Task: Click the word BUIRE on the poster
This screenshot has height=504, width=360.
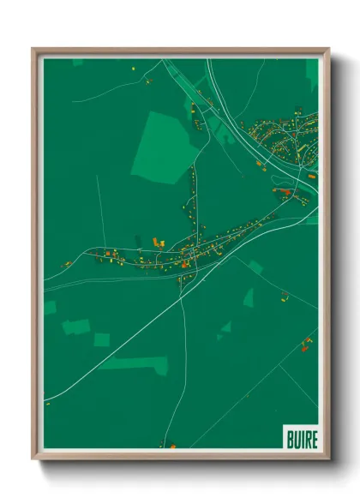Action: (x=301, y=440)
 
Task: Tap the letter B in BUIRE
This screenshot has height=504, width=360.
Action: (x=289, y=440)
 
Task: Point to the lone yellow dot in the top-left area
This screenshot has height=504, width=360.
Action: (x=134, y=68)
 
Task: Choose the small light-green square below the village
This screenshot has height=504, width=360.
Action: (x=101, y=339)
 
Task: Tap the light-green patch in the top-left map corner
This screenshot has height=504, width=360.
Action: (x=77, y=63)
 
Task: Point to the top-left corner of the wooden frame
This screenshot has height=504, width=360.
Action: (x=34, y=50)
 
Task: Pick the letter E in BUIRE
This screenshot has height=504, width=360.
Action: (x=314, y=440)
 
